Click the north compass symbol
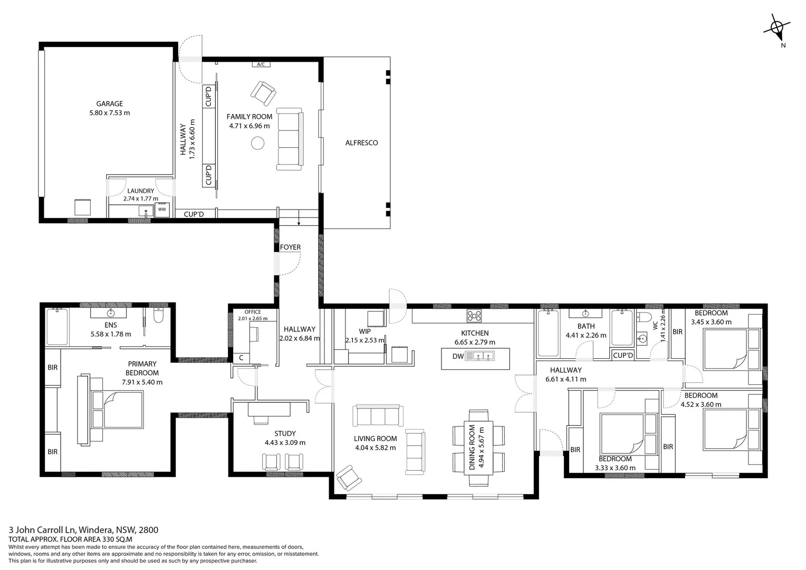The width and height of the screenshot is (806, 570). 777,28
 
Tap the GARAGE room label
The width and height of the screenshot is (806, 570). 109,103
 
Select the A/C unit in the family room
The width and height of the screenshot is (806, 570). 261,64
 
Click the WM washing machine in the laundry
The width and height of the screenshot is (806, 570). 162,209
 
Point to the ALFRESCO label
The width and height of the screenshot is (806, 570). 361,143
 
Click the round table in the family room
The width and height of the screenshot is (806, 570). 257,144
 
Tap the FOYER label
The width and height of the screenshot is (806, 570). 290,248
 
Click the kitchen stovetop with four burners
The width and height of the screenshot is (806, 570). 474,316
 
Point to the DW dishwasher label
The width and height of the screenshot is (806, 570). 458,356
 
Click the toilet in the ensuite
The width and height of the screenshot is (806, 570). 158,316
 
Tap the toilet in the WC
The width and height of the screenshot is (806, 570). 644,317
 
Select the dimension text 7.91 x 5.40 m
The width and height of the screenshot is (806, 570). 142,382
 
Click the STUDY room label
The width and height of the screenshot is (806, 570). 285,433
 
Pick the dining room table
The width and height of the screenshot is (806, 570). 478,448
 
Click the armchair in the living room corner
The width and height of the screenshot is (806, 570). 349,478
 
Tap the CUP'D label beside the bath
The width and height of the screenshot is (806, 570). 623,355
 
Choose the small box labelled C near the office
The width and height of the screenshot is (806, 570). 241,358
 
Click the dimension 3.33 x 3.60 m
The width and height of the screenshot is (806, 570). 615,468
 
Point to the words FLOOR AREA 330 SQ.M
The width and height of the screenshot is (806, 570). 96,539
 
